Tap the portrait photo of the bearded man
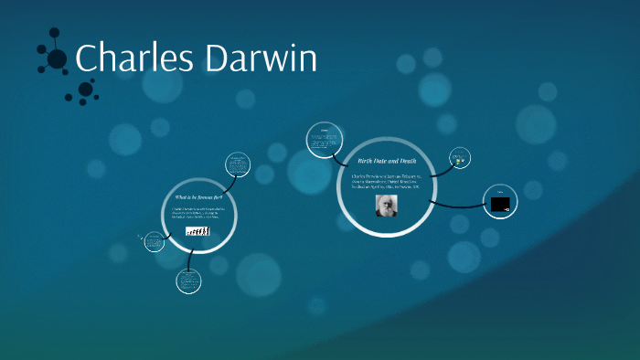(x=386, y=205)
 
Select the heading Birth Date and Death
(x=386, y=160)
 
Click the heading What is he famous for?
(x=198, y=197)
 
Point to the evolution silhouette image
(x=197, y=231)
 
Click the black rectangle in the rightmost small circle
(x=500, y=204)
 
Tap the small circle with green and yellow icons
(x=459, y=160)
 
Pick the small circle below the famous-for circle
(x=188, y=281)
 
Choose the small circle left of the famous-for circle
(x=154, y=242)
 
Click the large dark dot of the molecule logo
(x=57, y=59)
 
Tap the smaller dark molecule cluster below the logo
(x=85, y=90)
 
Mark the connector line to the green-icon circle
(x=441, y=168)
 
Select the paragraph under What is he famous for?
(x=198, y=214)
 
